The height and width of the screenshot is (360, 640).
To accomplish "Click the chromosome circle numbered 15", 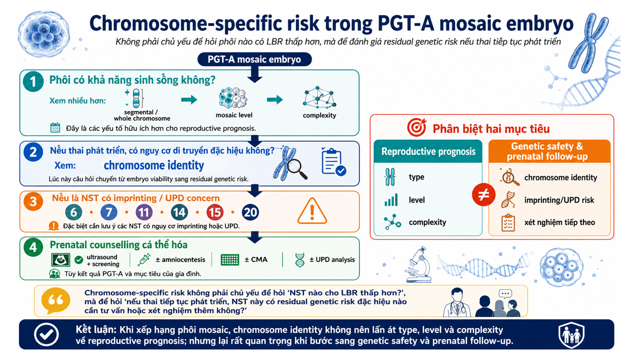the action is point(214,212).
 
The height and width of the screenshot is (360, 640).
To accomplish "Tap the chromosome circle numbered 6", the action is point(73,212).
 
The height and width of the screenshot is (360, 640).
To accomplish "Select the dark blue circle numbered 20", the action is point(250,212).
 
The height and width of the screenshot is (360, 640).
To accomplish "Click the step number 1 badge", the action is point(33,81).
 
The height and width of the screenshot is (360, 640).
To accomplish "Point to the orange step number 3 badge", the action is point(33,201).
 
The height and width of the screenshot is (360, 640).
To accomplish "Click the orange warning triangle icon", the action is point(312,211).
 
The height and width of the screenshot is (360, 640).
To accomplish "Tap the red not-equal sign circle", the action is point(483,195).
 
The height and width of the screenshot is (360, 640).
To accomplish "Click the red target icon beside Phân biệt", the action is point(416,127).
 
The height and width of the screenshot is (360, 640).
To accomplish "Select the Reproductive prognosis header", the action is point(428,151).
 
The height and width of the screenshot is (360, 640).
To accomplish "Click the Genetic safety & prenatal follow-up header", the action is point(549,151).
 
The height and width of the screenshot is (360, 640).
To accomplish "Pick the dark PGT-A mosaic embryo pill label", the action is point(254,59).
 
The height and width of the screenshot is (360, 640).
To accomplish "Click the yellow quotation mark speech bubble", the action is point(55,300).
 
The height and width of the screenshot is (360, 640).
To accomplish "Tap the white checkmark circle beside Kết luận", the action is point(46,334).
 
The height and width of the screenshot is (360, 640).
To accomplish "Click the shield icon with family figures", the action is point(571,334).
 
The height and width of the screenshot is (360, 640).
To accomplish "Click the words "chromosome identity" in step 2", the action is point(153,165).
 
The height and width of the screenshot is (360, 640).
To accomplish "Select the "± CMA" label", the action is point(256,259).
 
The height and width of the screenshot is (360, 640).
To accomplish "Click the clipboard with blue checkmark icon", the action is point(333,161).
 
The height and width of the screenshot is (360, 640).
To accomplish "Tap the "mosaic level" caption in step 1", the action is point(234,115).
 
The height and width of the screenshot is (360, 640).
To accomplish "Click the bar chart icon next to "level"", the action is point(391,199).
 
